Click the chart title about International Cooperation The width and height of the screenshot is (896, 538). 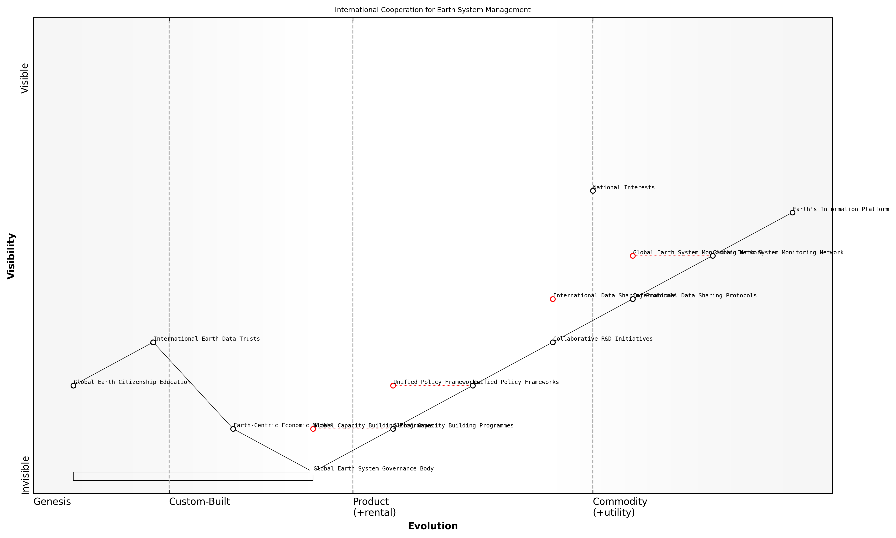(x=432, y=10)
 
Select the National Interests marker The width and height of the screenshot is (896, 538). (x=593, y=191)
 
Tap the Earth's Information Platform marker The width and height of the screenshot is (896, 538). (x=792, y=212)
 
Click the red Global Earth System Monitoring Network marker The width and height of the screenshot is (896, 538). (x=632, y=255)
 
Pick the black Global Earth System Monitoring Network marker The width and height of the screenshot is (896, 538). (x=712, y=255)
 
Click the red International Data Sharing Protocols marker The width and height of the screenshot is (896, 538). (x=552, y=299)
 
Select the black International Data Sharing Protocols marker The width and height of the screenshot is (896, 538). (x=632, y=299)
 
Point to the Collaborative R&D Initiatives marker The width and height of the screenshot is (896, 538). (x=552, y=342)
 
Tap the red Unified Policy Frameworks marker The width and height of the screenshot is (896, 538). (x=393, y=385)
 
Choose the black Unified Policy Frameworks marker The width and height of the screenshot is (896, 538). (x=473, y=385)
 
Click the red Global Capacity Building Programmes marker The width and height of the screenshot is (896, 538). (x=313, y=429)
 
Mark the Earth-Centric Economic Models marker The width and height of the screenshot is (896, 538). (x=233, y=429)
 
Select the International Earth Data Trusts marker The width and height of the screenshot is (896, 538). (x=153, y=342)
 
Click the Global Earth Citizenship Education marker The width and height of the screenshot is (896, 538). (x=73, y=385)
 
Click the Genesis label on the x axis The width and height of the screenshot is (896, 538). (x=52, y=502)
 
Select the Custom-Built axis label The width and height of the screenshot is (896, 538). (x=199, y=502)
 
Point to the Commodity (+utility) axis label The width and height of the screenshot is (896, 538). (x=619, y=507)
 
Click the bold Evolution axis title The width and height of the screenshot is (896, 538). (x=433, y=526)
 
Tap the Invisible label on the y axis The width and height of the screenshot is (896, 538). (x=25, y=475)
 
